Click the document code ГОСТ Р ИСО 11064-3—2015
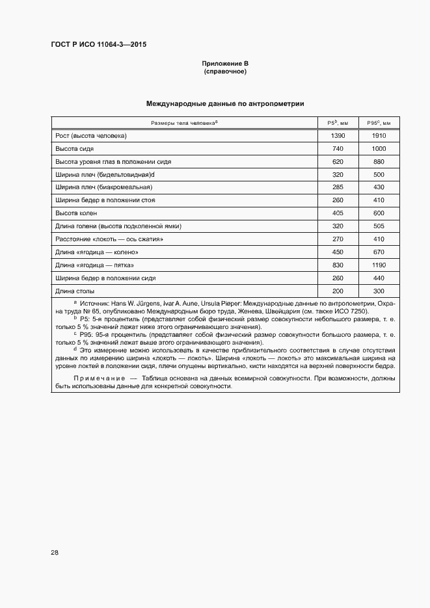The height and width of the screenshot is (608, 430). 98,45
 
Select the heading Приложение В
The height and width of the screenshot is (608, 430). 225,64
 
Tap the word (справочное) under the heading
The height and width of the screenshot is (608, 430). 225,72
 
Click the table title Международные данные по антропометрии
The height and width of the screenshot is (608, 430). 225,103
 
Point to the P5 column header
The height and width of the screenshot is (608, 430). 338,123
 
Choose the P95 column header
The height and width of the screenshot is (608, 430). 379,123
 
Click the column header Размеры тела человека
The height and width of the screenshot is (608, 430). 184,123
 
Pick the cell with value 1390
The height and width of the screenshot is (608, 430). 338,136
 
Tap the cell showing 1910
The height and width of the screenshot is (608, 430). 379,136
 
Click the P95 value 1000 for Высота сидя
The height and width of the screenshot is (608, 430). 379,149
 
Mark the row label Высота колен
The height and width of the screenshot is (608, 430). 76,213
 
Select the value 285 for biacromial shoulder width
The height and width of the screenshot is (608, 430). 338,187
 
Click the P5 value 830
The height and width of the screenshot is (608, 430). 338,265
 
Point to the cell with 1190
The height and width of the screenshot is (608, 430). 379,265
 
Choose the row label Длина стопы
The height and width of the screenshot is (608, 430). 75,291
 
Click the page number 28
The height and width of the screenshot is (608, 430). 55,552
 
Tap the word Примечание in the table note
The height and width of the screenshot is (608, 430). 97,378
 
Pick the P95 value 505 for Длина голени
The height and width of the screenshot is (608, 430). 379,226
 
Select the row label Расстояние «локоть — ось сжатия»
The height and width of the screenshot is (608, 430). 109,239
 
